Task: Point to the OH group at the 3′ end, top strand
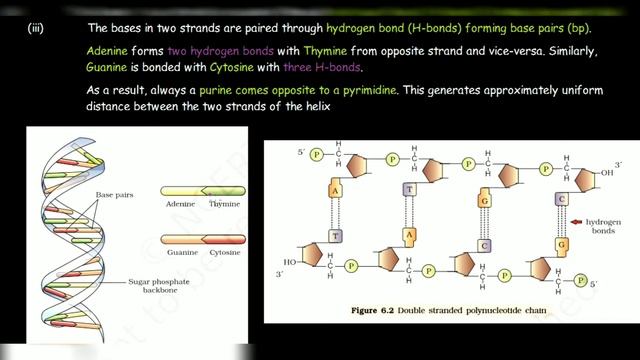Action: tap(602, 172)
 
